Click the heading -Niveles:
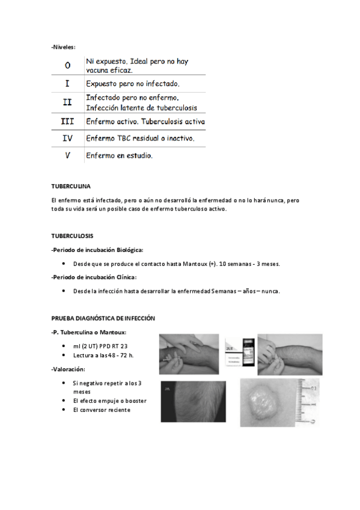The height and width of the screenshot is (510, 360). pos(63,47)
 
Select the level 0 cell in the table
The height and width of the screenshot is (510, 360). pos(67,66)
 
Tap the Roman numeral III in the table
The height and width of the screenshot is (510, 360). pos(67,121)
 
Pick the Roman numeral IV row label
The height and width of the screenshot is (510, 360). pos(67,138)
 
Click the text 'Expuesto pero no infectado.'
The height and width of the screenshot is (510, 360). pos(133,84)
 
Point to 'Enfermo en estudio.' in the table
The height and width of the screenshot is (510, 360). pos(119,156)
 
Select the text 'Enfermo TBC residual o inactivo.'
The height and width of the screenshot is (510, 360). pos(141,138)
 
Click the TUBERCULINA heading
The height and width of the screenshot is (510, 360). pos(71,186)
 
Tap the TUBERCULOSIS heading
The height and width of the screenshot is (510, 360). pos(72,236)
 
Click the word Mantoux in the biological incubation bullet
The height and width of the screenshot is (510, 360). pos(195,264)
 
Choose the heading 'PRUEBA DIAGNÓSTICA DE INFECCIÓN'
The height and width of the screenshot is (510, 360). pos(103,318)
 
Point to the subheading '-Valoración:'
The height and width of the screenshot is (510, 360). pos(69,369)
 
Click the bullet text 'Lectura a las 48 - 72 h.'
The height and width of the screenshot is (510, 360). pos(103,355)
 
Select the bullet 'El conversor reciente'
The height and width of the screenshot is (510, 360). pos(102,410)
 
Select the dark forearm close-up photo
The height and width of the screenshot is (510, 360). pos(194,402)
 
